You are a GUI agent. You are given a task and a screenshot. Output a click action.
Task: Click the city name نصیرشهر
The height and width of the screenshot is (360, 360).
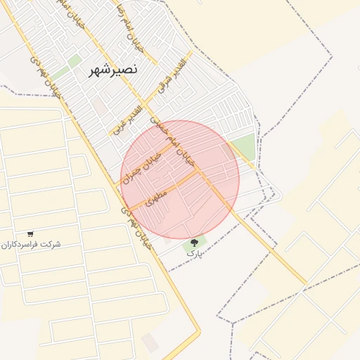[113, 70]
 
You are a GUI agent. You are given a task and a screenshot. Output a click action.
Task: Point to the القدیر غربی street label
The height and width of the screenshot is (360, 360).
[128, 119]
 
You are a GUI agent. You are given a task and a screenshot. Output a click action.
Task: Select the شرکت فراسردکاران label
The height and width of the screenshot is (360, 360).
[31, 245]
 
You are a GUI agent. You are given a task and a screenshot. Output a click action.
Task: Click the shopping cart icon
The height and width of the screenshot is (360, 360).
[30, 233]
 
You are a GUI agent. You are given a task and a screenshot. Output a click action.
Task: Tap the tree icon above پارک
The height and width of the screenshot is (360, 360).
[194, 243]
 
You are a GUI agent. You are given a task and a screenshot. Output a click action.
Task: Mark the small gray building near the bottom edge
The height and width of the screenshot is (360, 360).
[150, 342]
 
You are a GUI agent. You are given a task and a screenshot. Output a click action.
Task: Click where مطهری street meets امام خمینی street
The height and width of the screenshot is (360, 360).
[203, 173]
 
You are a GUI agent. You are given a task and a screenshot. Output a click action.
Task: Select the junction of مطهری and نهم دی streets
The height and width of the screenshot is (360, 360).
[128, 208]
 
